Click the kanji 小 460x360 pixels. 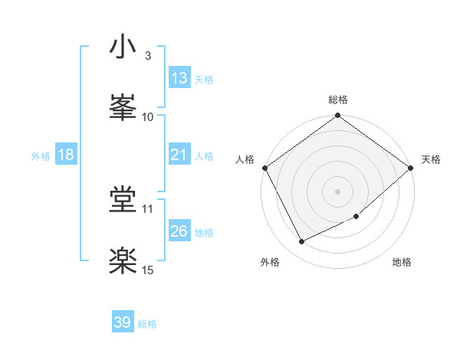point(123,47)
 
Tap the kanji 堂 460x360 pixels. point(123,201)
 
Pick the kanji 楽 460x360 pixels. point(123,262)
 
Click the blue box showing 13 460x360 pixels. point(179,77)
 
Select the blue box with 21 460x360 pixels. point(179,155)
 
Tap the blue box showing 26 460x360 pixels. point(179,231)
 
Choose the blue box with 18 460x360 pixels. point(66,155)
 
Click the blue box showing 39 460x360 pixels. point(123,322)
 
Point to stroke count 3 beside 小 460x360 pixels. point(147,56)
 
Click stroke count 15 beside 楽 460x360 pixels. point(148,270)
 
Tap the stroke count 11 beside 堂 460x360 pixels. point(148,208)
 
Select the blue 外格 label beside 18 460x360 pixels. point(41,155)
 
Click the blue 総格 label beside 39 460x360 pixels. point(147,324)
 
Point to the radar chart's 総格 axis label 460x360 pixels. point(338,100)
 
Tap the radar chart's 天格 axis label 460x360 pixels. point(431,159)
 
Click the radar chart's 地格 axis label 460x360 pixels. point(402,262)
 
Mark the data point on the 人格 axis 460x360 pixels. point(265,168)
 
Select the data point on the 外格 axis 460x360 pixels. point(301,242)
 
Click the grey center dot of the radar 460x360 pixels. point(338,191)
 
